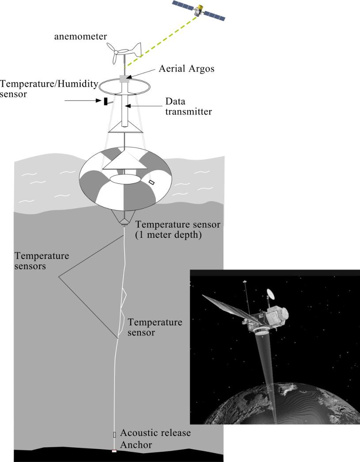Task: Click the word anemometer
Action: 80,37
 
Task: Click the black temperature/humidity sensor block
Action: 106,102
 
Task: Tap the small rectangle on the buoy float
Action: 152,182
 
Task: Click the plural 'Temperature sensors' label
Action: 42,261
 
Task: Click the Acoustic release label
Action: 155,433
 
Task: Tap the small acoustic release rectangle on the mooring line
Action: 115,435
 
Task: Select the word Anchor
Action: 136,445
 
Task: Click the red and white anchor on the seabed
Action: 114,451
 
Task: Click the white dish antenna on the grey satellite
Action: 270,295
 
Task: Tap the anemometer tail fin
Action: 135,50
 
